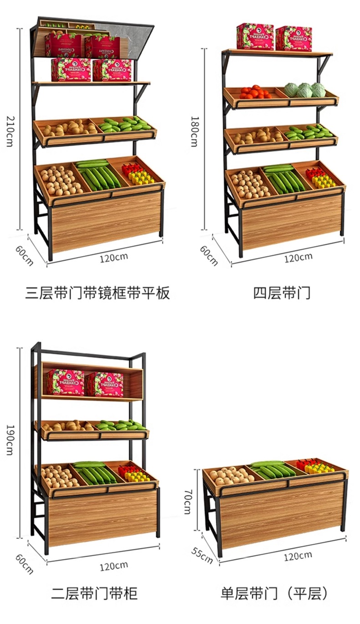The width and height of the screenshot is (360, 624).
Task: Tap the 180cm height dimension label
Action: click(195, 131)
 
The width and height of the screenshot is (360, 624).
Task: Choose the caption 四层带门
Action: click(281, 293)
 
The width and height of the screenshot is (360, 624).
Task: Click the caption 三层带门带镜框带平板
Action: click(98, 293)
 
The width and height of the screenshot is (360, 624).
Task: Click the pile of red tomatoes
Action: click(255, 92)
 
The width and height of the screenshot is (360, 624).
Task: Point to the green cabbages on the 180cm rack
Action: click(305, 90)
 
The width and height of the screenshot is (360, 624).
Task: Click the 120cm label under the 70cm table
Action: click(298, 556)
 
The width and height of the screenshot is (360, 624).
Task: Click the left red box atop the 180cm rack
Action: click(255, 36)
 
